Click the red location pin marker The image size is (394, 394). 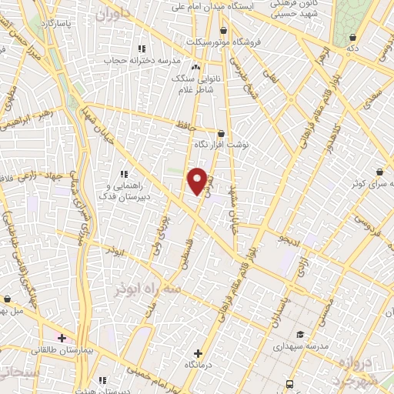click(x=198, y=180)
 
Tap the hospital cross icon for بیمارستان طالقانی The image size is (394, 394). click(x=62, y=338)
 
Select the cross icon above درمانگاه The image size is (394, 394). click(x=199, y=352)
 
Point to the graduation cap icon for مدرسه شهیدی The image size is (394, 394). click(x=299, y=334)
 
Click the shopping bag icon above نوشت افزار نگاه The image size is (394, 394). click(x=222, y=132)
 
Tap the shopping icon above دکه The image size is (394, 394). click(x=352, y=37)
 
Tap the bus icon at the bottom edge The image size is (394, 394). click(x=289, y=383)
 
